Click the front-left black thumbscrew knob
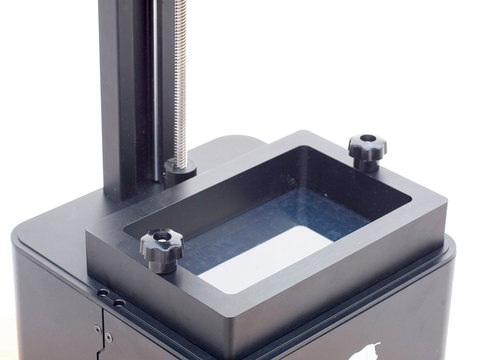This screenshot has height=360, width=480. click(160, 249)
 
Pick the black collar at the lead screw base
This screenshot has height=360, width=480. click(180, 169)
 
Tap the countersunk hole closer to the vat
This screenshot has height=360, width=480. click(118, 300)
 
